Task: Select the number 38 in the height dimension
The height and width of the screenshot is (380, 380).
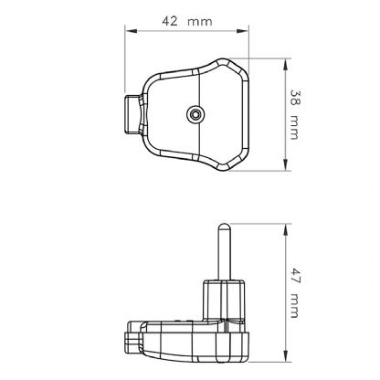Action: (293, 97)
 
